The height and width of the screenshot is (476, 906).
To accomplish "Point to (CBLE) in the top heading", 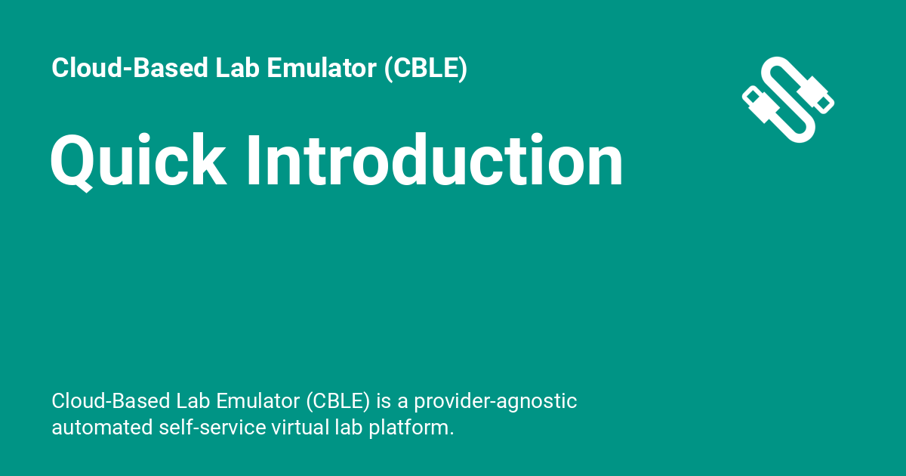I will tap(425, 69).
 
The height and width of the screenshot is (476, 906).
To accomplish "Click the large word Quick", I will tap(137, 161).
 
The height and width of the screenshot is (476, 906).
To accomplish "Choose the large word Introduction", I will tap(435, 161).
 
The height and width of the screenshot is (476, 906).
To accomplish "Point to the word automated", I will tap(102, 428).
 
